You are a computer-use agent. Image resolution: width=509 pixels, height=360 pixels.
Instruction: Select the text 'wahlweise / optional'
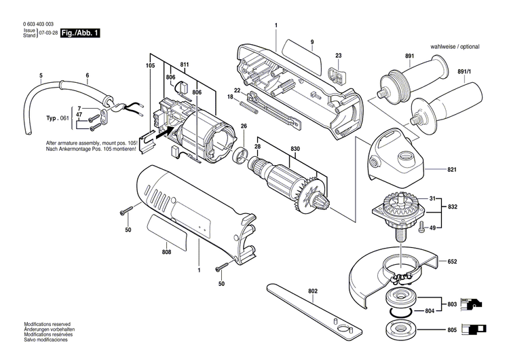click(x=454, y=46)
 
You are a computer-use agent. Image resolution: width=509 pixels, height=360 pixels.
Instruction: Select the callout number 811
click(x=184, y=65)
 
